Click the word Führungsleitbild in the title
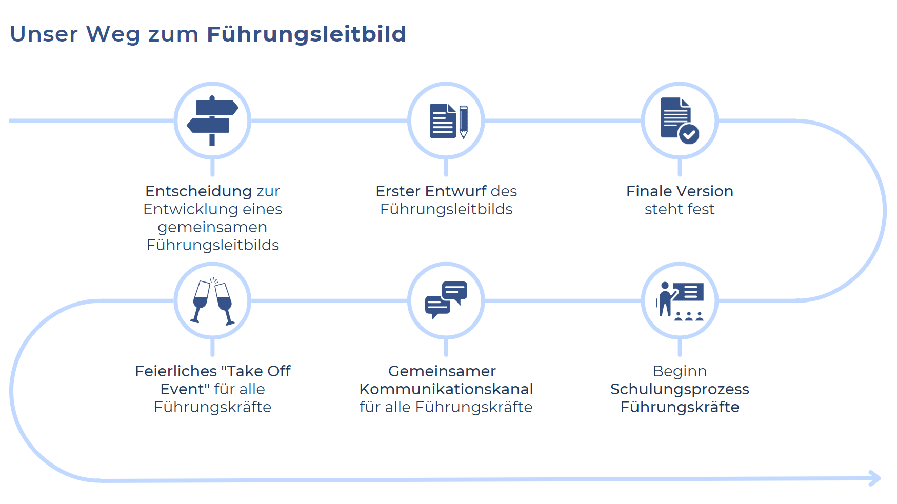coord(306,35)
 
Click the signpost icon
coord(212,121)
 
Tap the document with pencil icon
coord(449,121)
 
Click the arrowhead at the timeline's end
coord(875,478)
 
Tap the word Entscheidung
coord(198,192)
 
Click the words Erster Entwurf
coord(431,191)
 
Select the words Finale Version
coord(680,191)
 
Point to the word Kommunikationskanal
coord(446,389)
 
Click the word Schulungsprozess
coord(680,390)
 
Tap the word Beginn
coord(680,371)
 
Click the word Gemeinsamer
coord(442,371)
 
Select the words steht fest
coord(680,209)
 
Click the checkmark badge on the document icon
coord(689,134)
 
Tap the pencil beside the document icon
coord(464,122)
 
